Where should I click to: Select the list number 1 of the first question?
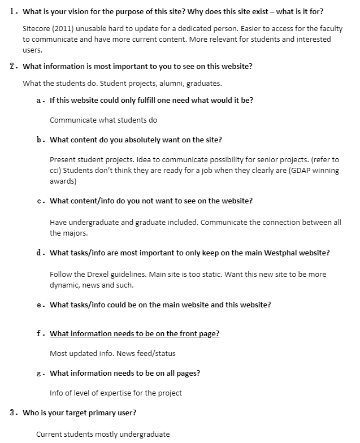point(12,11)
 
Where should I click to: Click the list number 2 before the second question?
point(12,66)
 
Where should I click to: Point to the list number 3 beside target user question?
point(12,412)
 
